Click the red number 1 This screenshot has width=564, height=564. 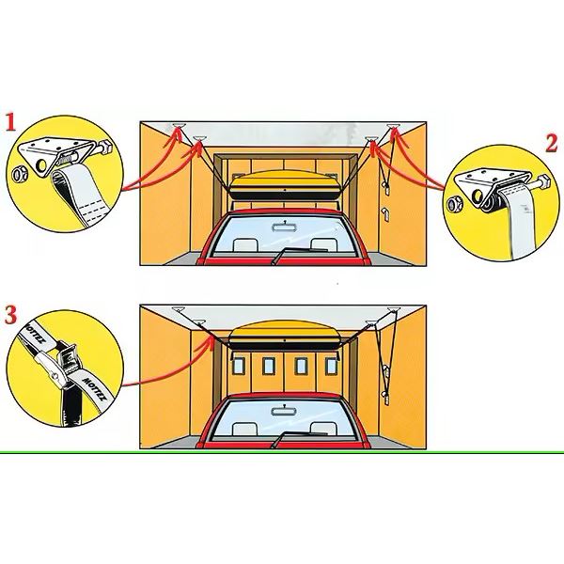click(10, 122)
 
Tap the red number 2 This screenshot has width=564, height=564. click(552, 143)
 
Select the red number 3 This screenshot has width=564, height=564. click(10, 315)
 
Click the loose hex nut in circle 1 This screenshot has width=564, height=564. click(18, 174)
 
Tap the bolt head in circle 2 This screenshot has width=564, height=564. click(543, 181)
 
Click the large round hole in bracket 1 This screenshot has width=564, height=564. click(41, 165)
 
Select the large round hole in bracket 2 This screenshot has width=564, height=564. click(478, 196)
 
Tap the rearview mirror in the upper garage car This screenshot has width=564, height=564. click(284, 227)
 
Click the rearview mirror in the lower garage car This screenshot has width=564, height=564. click(283, 411)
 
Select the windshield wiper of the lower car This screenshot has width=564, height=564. click(299, 438)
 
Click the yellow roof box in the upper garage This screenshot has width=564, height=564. click(285, 185)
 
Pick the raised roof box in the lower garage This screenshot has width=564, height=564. click(285, 336)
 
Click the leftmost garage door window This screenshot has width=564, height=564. click(238, 367)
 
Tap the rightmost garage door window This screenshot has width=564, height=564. click(331, 367)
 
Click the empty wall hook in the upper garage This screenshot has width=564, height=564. click(384, 213)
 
